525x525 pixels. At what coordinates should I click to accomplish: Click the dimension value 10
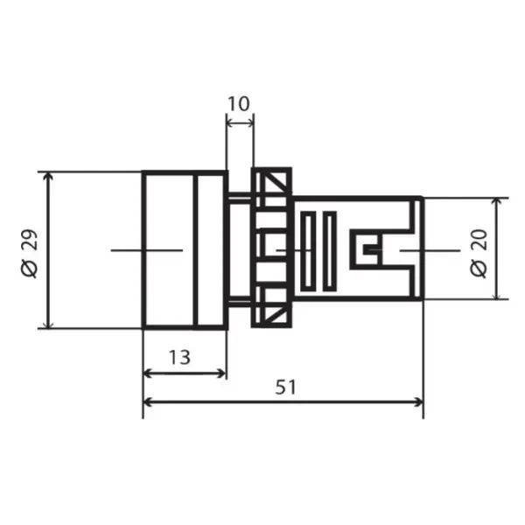click(239, 104)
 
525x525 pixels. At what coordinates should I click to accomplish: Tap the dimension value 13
click(179, 357)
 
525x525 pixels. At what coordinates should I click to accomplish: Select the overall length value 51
click(285, 387)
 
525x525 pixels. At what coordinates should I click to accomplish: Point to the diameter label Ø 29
click(30, 253)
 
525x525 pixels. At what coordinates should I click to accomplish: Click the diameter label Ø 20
click(479, 253)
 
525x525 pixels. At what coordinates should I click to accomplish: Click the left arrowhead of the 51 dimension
click(147, 402)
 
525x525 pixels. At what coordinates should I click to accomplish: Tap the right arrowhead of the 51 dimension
click(419, 402)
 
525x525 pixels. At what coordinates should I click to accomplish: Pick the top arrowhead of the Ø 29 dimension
click(49, 176)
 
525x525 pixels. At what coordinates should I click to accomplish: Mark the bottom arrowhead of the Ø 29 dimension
click(49, 324)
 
